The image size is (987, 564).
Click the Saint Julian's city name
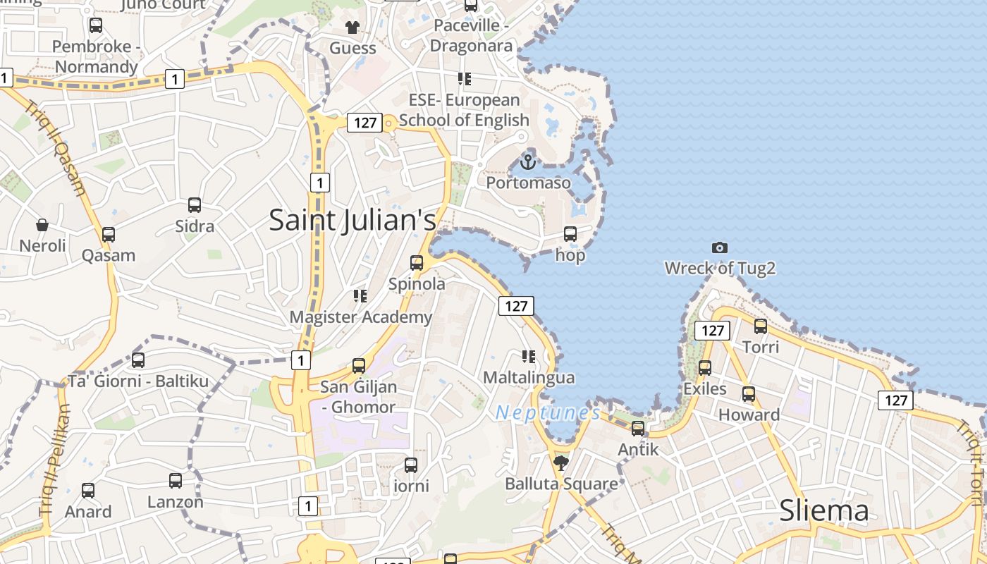click(352, 220)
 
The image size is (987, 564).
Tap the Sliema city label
click(823, 511)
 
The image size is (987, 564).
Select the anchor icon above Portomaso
click(528, 162)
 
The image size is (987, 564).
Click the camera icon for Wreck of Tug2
click(719, 247)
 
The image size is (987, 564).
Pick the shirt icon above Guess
click(352, 27)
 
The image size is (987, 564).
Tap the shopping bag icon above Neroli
click(42, 225)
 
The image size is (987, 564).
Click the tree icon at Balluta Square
click(561, 462)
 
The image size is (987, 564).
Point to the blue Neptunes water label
click(548, 413)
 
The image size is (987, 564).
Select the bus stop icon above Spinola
click(417, 263)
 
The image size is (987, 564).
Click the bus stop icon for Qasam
click(108, 234)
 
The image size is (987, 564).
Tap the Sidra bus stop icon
click(195, 205)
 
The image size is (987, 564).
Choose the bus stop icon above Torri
click(761, 326)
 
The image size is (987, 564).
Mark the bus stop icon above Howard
click(749, 394)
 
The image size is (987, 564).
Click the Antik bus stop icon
click(638, 428)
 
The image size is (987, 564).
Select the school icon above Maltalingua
click(529, 357)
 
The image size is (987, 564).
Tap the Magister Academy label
click(360, 317)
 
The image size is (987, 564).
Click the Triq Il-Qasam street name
click(56, 148)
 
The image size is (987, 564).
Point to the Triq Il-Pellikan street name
click(55, 458)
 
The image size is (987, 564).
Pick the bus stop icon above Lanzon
click(176, 481)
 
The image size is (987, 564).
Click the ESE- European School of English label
click(464, 110)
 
